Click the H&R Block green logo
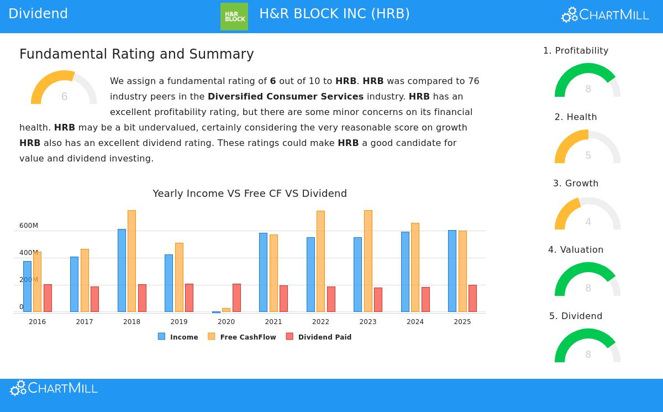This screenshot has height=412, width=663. pos(234,17)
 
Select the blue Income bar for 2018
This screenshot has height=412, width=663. pos(122,270)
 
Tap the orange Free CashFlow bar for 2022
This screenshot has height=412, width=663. pos(320,261)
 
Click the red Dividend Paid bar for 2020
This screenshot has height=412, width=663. pos(236,298)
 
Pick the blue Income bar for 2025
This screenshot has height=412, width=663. pos(452,271)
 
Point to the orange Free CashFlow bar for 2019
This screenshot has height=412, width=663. pos(179,277)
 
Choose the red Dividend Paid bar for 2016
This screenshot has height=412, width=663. pos(48,298)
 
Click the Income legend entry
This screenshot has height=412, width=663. pos(178,337)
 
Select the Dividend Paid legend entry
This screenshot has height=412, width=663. pos(319,337)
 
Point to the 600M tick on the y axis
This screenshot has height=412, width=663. pos(29,226)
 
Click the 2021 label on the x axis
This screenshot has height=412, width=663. pos(273,322)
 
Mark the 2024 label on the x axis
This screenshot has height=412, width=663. pos(415,322)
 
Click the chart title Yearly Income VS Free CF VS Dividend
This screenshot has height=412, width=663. pos(250,194)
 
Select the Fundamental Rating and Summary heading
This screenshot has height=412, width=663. pos(136,54)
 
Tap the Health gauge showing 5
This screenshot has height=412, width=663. pos(588,148)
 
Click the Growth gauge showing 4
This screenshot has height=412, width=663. pos(588,215)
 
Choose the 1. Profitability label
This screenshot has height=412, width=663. pos(576,51)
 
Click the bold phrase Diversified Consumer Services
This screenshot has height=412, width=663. pos(286,97)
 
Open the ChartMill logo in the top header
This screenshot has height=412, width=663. pos(605,15)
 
